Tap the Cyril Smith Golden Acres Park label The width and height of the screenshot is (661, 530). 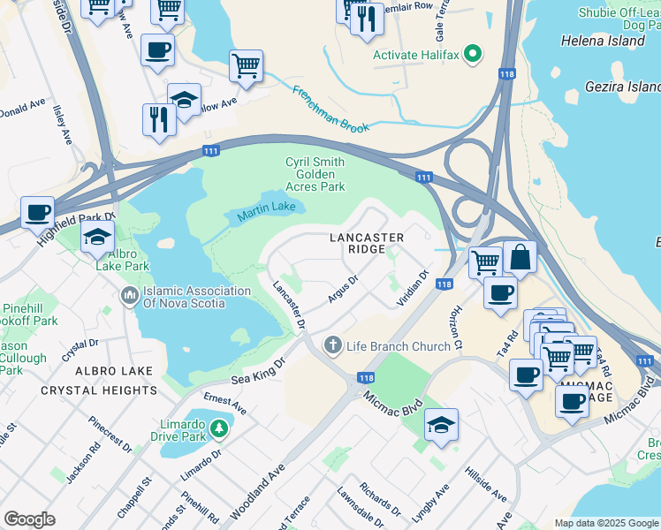(x=315, y=174)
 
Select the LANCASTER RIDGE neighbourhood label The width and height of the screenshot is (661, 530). (x=367, y=244)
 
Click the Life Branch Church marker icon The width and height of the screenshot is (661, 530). (x=333, y=345)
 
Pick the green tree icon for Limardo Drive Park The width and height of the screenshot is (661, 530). (x=218, y=429)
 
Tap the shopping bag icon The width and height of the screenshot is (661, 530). (x=520, y=257)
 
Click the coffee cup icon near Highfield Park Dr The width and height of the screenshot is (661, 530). (x=37, y=213)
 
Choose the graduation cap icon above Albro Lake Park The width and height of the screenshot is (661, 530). (x=98, y=237)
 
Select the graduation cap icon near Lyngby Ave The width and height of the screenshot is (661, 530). (x=441, y=425)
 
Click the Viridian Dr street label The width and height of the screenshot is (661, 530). (x=412, y=288)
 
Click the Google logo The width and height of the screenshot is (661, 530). (x=29, y=519)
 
